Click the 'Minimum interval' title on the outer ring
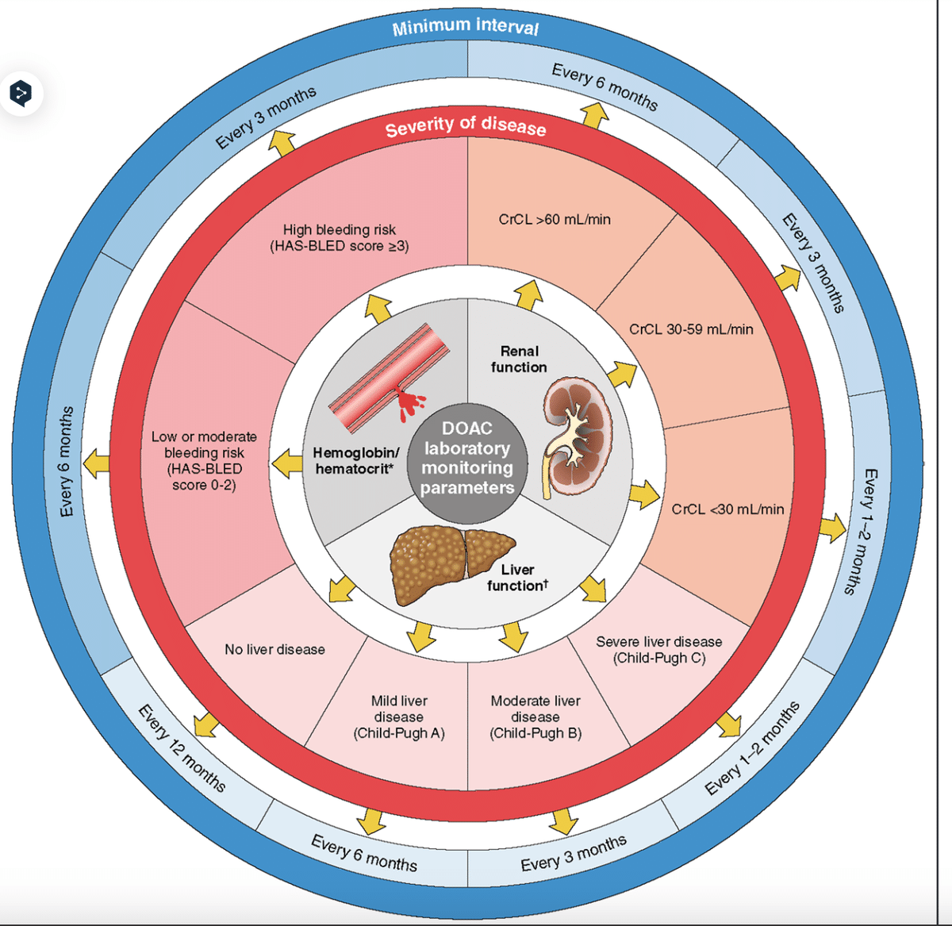466,26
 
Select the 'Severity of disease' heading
466,127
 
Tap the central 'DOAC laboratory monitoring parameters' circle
467,458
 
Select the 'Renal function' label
519,359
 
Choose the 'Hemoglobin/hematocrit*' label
356,460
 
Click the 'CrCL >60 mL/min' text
555,220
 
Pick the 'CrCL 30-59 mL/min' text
691,329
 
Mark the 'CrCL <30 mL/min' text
727,509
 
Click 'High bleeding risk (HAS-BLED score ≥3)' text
340,238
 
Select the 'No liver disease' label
274,649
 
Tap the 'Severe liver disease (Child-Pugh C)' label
658,649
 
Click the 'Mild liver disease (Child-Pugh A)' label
399,717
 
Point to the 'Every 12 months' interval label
182,747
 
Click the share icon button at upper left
21,93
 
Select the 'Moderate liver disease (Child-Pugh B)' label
535,717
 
